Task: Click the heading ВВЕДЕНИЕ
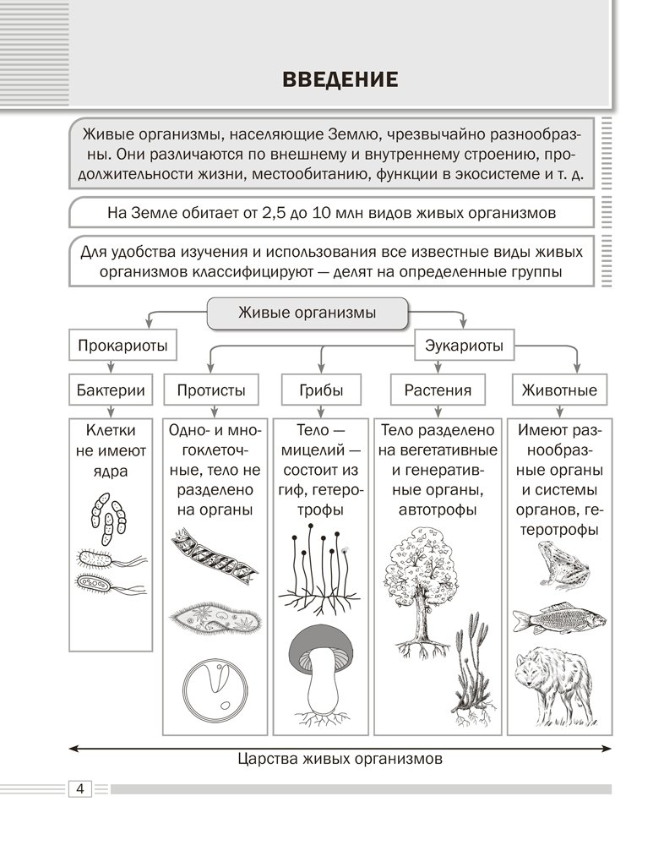[339, 81]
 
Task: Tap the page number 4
[79, 789]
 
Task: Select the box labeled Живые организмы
[308, 313]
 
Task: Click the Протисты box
[211, 390]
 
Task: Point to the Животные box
[559, 390]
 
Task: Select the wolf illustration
[558, 684]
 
